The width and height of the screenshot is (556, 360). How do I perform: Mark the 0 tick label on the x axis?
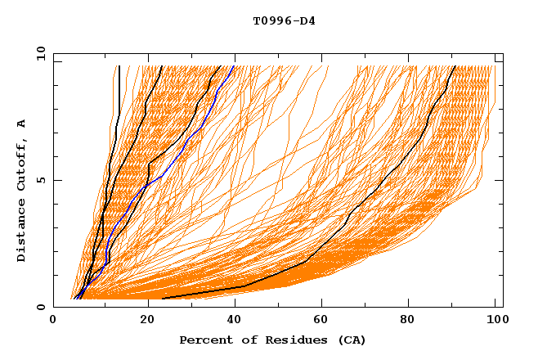click(x=54, y=321)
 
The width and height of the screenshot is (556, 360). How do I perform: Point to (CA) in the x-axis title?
click(x=352, y=340)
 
